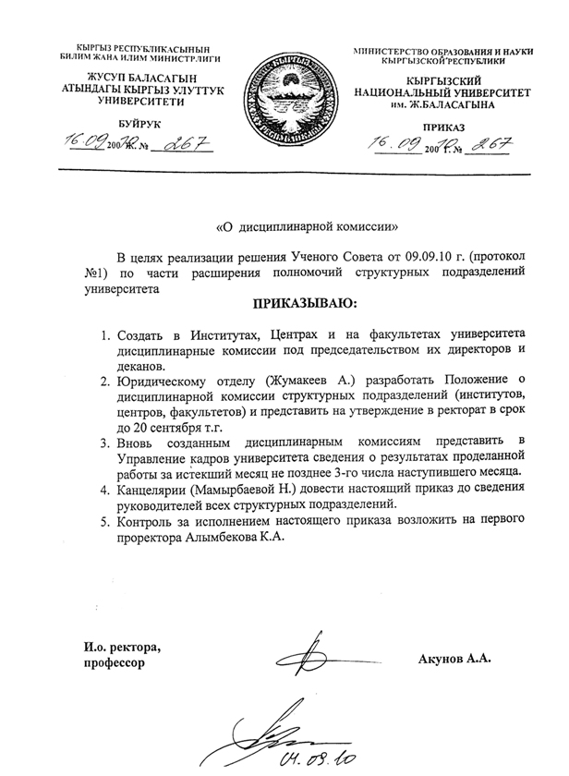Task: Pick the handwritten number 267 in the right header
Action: point(490,143)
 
